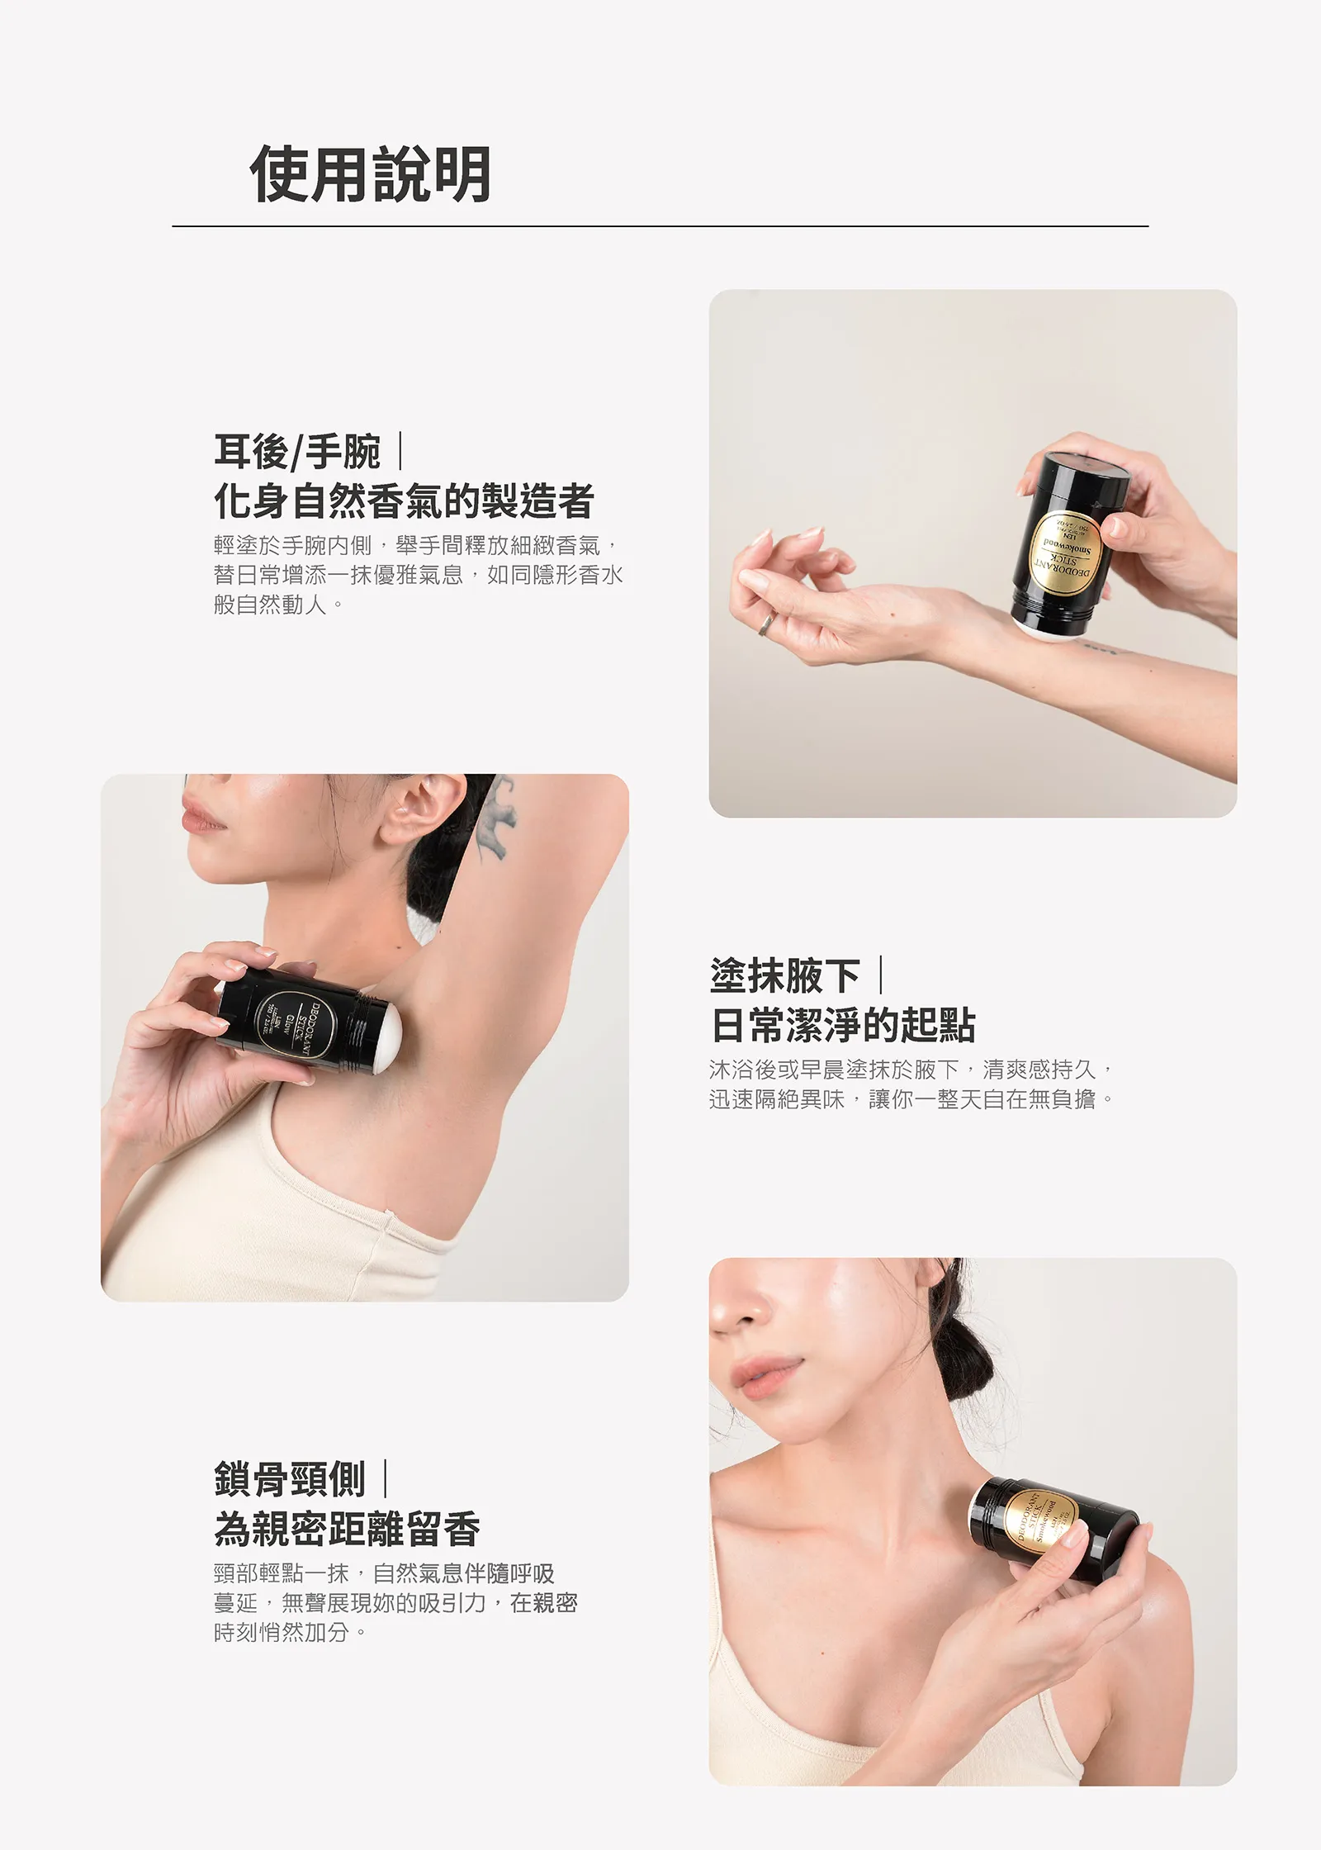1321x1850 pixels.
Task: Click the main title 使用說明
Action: [x=371, y=174]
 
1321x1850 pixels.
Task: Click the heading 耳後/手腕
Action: [x=297, y=452]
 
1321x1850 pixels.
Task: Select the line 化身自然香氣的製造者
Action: [x=404, y=501]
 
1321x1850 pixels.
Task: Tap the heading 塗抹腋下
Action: [x=784, y=976]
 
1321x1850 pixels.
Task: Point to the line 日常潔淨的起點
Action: [x=842, y=1026]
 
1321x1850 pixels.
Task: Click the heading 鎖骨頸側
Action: [x=289, y=1479]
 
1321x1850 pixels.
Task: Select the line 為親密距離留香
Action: [x=347, y=1529]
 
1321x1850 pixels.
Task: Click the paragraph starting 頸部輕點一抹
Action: [x=395, y=1602]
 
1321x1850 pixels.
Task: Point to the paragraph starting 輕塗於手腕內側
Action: [x=417, y=574]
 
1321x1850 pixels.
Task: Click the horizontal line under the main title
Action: [x=660, y=226]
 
